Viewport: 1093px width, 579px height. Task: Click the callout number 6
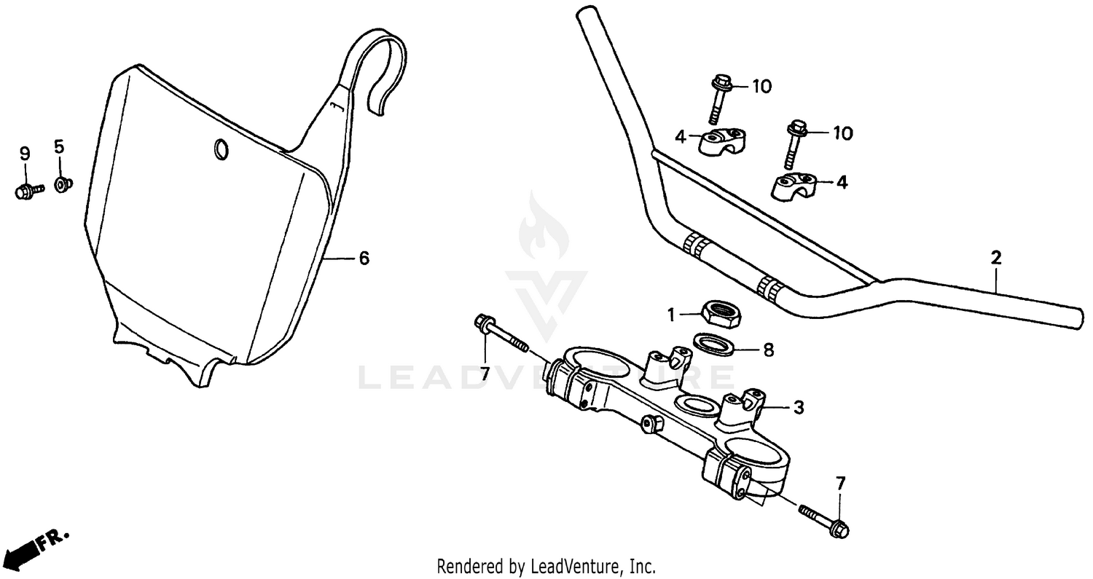(364, 258)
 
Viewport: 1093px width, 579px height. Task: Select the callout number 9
(25, 153)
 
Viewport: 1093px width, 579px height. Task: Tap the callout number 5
(59, 146)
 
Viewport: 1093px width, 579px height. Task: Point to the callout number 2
(996, 257)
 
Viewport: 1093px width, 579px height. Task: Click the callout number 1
(671, 315)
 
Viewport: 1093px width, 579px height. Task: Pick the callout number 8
(768, 350)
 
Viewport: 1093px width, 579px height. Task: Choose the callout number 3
(798, 408)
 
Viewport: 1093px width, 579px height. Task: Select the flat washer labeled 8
(713, 343)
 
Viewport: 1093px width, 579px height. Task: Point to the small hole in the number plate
(220, 149)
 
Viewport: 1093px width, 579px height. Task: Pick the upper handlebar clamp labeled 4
(722, 141)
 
